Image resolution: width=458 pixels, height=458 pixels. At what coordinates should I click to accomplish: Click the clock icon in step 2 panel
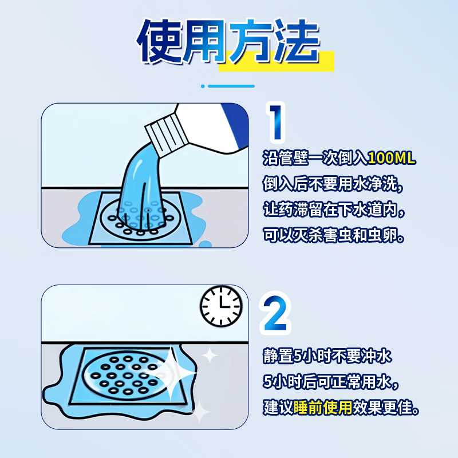[221, 306]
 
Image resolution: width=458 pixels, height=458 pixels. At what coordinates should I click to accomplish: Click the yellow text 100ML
[392, 159]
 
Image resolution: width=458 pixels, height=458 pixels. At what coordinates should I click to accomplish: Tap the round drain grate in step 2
[120, 374]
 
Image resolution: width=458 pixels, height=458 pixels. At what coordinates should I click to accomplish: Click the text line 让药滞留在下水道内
[334, 210]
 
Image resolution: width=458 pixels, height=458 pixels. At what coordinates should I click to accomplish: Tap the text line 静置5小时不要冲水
[327, 356]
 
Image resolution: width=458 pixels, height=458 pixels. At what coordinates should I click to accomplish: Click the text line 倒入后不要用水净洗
[334, 184]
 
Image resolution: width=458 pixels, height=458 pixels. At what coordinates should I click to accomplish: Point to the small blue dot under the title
[203, 86]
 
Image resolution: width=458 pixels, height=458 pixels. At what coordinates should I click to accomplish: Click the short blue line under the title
[231, 86]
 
